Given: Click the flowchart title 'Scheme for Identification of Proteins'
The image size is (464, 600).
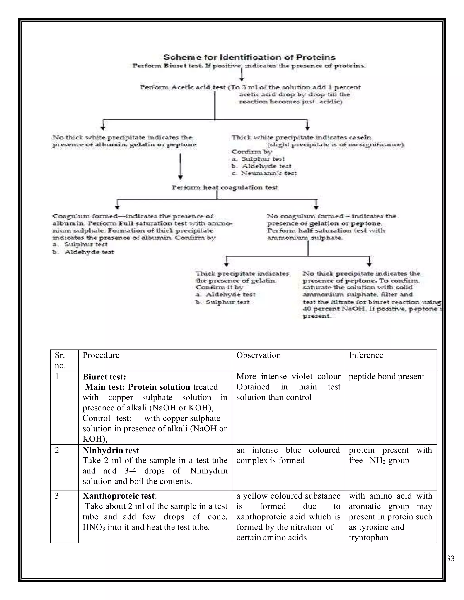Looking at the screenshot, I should [x=249, y=58].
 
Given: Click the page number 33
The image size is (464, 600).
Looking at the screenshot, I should [x=450, y=559].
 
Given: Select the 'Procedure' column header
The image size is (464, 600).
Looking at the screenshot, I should [x=101, y=355].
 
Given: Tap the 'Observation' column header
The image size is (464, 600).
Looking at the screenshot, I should [x=258, y=355].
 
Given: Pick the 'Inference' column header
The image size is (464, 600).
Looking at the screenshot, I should [x=366, y=355].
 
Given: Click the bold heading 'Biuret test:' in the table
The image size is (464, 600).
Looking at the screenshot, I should [x=104, y=377].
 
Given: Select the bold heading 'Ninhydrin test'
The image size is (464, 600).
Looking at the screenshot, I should [x=111, y=451].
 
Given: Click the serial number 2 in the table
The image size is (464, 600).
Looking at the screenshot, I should [x=57, y=450].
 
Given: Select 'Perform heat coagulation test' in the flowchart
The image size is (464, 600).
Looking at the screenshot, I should [x=225, y=188].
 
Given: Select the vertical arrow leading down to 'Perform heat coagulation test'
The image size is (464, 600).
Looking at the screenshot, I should [x=180, y=166].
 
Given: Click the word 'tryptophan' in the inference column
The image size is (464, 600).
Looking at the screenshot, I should [x=368, y=538].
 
